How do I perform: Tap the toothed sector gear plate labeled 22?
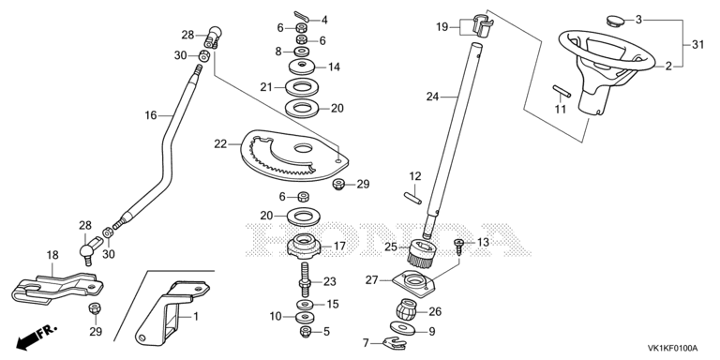point(293,155)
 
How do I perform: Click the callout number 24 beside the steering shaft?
point(432,97)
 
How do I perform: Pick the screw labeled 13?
point(459,247)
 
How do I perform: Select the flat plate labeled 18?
point(56,289)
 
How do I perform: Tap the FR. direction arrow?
point(37,337)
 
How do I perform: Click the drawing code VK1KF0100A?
point(672,348)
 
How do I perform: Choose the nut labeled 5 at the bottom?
point(306,331)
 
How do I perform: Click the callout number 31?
point(697,45)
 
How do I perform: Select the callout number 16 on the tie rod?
point(151,115)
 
